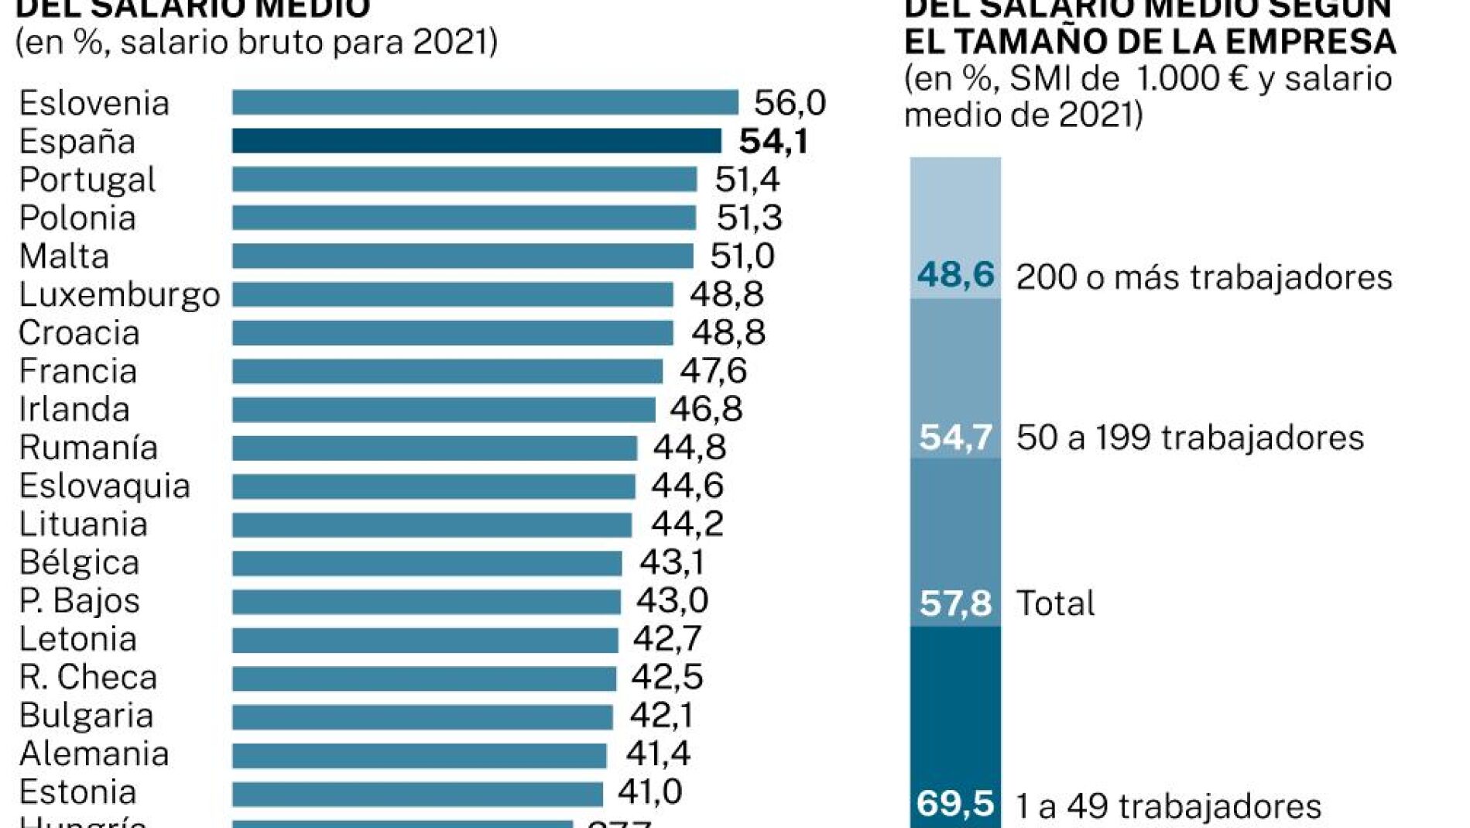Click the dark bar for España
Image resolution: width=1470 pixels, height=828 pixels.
[x=476, y=141]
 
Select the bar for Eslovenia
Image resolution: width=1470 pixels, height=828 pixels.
[x=485, y=102]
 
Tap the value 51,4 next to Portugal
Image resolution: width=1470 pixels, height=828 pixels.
[x=746, y=180]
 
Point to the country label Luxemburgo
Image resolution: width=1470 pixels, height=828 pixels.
[x=119, y=295]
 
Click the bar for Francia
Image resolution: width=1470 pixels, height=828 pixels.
[x=447, y=371]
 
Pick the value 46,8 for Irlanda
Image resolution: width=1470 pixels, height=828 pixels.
[x=705, y=409]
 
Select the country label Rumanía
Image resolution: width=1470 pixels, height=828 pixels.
[x=88, y=448]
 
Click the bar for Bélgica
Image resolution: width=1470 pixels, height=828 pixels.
[x=427, y=563]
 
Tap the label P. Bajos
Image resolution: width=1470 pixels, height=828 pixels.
[x=79, y=601]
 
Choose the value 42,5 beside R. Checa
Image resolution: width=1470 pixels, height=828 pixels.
[x=666, y=677]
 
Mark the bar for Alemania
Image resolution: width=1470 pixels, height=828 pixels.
[x=419, y=754]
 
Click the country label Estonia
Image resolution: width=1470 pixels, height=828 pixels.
[x=77, y=792]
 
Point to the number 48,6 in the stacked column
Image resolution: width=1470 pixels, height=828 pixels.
[x=955, y=275]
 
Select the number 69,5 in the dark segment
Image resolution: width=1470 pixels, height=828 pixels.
[x=954, y=804]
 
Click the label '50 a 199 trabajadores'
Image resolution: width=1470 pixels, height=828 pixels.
[x=1189, y=438]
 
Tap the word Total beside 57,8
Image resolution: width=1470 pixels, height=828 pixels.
[x=1055, y=603]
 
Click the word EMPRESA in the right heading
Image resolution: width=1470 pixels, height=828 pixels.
[x=1310, y=42]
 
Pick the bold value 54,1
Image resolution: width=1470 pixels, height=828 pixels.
[x=773, y=142]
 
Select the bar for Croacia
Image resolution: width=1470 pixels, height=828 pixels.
[x=452, y=333]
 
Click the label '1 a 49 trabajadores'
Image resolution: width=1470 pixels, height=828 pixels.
[x=1168, y=807]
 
